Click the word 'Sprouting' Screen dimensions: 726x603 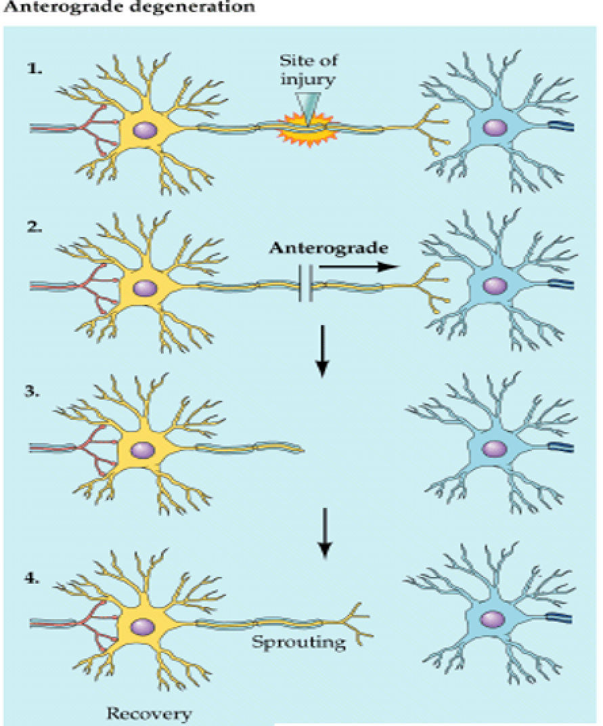pos(298,641)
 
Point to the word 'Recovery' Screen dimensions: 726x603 pos(149,712)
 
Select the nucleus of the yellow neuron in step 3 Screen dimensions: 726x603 pos(142,449)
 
